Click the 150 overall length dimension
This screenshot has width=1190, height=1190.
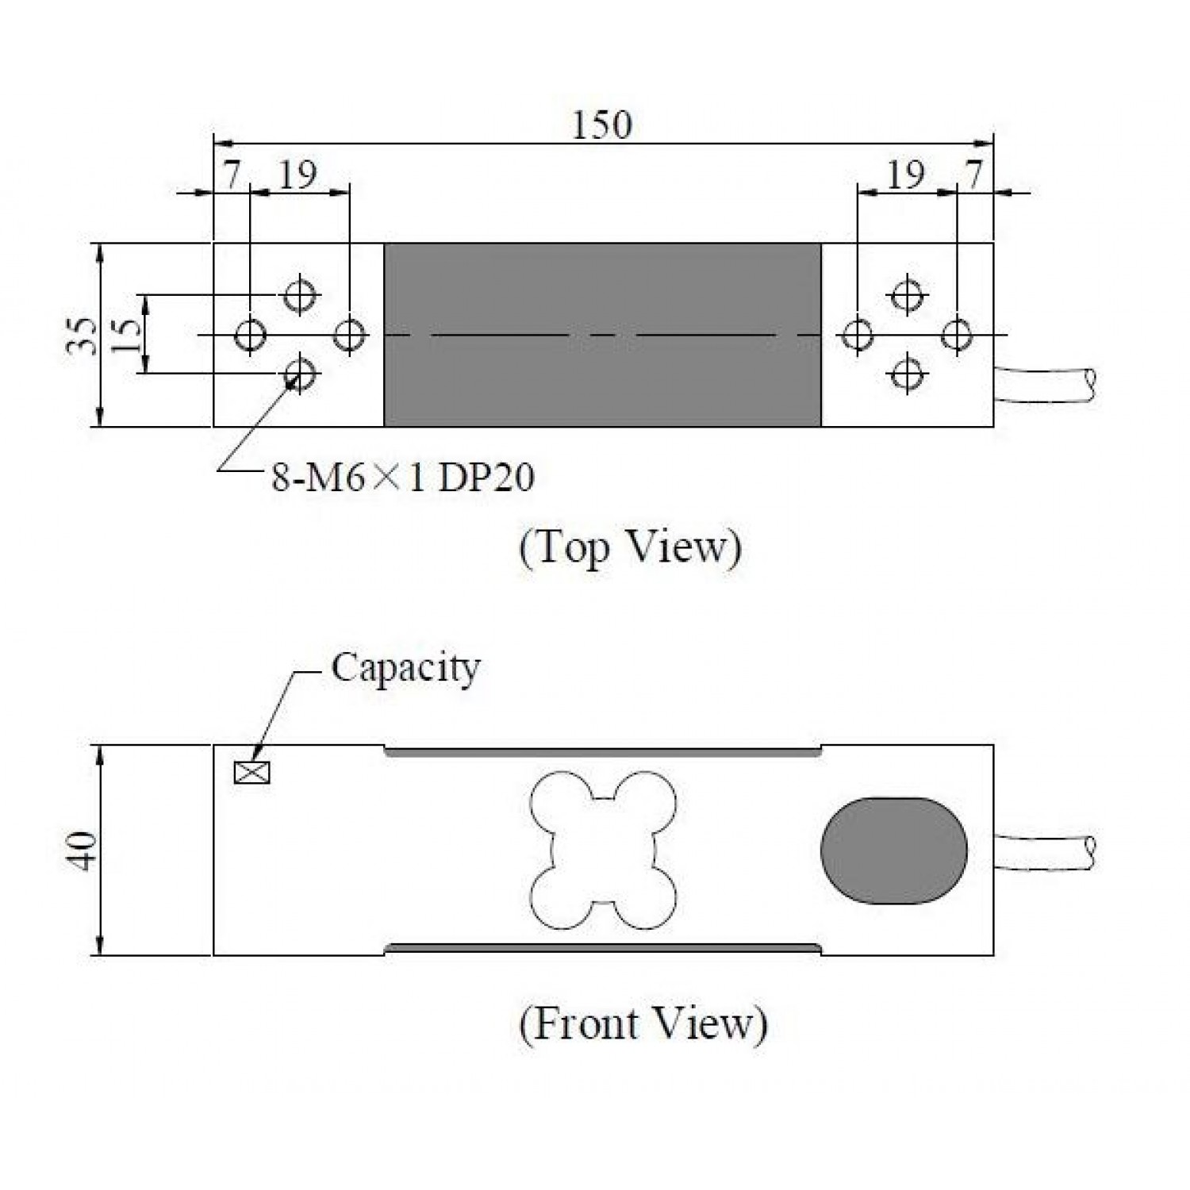(602, 125)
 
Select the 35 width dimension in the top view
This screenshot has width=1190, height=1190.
(82, 336)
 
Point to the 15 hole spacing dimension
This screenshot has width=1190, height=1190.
(127, 335)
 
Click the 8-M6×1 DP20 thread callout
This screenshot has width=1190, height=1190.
(403, 478)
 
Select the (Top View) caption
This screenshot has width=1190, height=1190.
(630, 547)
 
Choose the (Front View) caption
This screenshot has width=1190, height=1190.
(643, 1023)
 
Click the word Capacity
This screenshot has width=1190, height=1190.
(405, 668)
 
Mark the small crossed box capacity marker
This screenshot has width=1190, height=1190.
(252, 772)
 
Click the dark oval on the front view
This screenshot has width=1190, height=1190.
(894, 850)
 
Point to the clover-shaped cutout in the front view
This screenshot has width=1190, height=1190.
(603, 850)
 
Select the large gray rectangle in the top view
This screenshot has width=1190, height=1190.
(602, 335)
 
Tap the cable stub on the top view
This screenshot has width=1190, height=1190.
(1045, 385)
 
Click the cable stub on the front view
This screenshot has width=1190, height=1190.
(1045, 853)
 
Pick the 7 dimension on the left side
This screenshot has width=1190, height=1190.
(231, 175)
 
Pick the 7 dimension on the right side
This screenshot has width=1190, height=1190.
(974, 175)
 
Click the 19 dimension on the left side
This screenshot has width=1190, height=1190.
(298, 175)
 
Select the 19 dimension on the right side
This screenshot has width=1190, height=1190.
(904, 175)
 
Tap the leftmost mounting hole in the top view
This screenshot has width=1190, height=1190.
(251, 335)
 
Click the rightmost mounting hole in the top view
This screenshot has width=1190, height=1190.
(957, 334)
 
